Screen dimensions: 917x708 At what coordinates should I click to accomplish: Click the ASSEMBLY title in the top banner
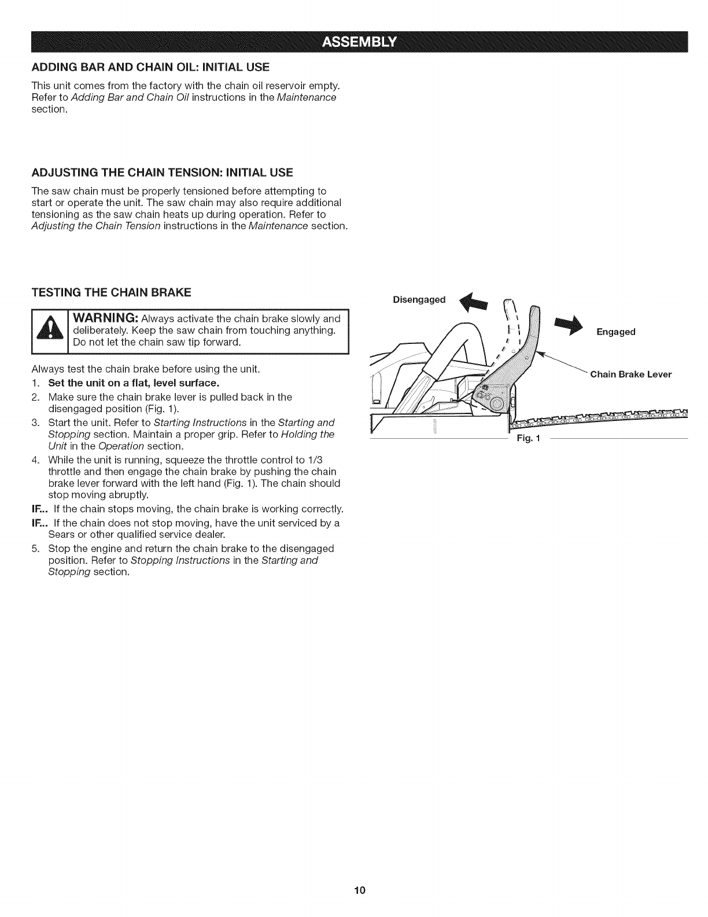[360, 42]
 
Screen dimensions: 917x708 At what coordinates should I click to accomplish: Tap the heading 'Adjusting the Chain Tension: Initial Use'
[162, 173]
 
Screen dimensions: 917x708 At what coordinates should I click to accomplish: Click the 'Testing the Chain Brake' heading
[111, 292]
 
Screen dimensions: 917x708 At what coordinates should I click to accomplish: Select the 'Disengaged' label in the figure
[419, 300]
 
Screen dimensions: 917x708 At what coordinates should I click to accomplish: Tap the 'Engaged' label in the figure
[615, 332]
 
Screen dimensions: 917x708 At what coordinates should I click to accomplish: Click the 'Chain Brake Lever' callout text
[630, 374]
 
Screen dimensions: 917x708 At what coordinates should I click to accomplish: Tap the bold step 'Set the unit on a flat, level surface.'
[134, 384]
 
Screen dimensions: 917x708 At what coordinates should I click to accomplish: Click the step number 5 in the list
[35, 548]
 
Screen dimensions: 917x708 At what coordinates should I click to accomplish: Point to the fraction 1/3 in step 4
[331, 460]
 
